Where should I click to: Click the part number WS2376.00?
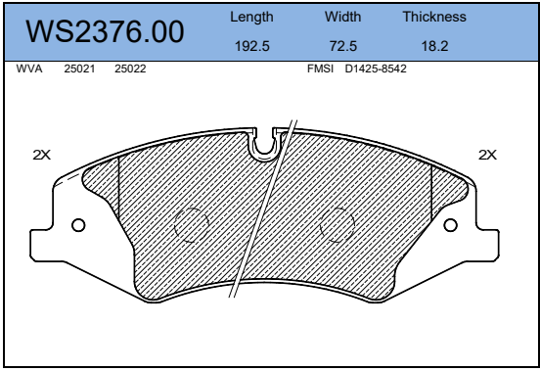(x=105, y=31)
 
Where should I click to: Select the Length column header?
(x=251, y=18)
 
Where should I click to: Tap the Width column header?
(x=342, y=17)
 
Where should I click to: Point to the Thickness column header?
(x=434, y=17)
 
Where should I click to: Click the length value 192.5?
(x=252, y=46)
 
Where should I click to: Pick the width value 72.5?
(x=343, y=46)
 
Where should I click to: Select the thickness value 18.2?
(x=435, y=46)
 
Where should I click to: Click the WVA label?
(x=29, y=69)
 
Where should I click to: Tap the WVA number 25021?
(x=79, y=69)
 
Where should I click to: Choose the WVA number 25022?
(x=130, y=69)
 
